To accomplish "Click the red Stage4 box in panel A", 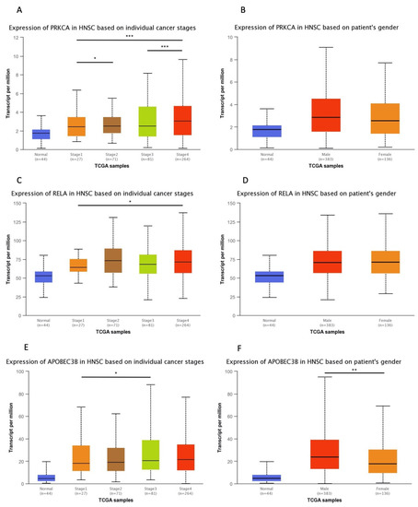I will click(181, 121).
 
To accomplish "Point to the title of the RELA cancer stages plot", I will click(103, 192).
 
